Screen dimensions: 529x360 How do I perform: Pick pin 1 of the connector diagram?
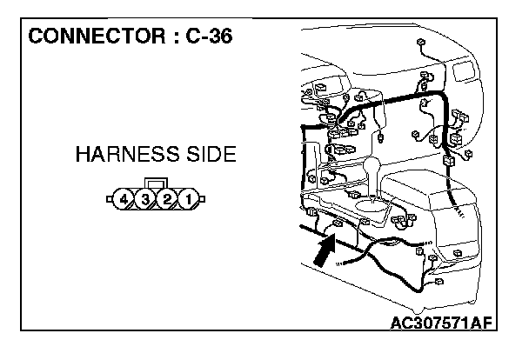click(188, 201)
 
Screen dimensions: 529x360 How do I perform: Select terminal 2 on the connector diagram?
click(167, 201)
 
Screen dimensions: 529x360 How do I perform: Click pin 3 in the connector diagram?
click(145, 201)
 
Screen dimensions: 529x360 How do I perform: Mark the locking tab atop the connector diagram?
click(157, 184)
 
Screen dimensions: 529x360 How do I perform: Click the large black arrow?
click(324, 251)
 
